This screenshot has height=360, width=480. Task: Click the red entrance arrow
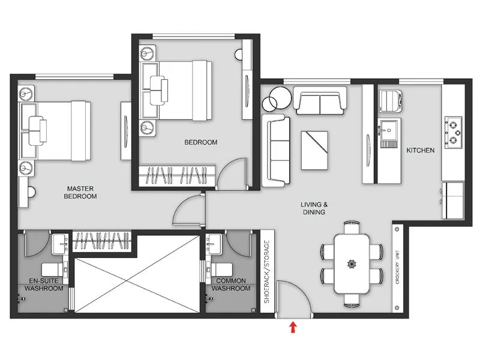coord(293,327)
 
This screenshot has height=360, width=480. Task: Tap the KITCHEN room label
coord(420,150)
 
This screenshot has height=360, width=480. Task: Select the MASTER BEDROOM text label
coord(80,193)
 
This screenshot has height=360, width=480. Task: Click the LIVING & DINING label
coord(313,208)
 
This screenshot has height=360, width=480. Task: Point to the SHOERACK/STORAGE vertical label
coord(267,272)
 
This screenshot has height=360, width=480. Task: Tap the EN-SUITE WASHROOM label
coord(44,284)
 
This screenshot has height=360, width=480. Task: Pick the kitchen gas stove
coord(453,133)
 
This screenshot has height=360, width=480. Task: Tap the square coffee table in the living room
coord(314,149)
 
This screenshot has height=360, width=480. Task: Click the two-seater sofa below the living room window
coord(320,100)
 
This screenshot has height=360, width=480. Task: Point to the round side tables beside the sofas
coord(277,98)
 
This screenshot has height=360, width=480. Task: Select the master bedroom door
coord(187,210)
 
